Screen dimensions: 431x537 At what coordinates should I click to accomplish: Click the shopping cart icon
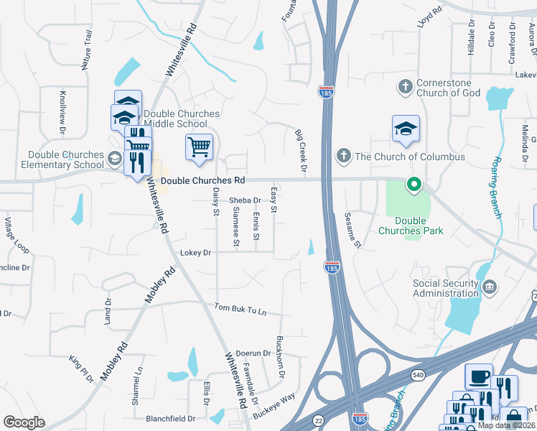pos(199,147)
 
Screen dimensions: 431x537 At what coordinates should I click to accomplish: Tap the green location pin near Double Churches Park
pos(414,185)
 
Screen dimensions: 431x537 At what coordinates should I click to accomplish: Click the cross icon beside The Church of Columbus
pos(343,156)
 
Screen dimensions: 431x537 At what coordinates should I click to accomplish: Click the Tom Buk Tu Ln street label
pos(241,310)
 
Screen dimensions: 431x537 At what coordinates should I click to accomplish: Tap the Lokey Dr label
pos(196,253)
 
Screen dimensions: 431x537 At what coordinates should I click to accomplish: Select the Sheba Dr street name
pos(245,200)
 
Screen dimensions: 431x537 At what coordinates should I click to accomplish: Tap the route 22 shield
pos(319,420)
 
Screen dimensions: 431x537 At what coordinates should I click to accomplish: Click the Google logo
pos(24,422)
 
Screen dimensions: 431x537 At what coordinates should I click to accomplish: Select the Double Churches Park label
pos(410,226)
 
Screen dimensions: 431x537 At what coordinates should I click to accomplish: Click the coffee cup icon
pos(479,376)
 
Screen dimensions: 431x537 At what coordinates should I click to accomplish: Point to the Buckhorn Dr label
pos(281,356)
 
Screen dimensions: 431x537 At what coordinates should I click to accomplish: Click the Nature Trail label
pos(87,50)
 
